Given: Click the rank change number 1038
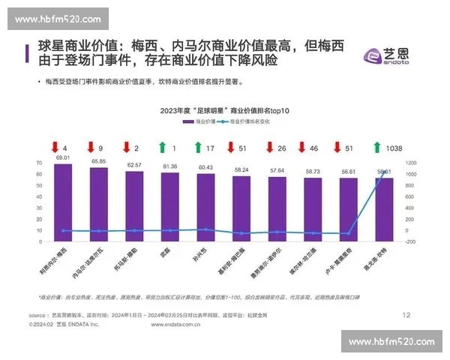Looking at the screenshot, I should tap(394, 148).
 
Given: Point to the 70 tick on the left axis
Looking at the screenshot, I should tap(39, 162).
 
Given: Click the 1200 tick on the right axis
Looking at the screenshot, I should tap(410, 162).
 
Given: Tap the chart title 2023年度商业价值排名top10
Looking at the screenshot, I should tap(224, 110).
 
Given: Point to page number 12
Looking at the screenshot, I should tap(406, 315).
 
